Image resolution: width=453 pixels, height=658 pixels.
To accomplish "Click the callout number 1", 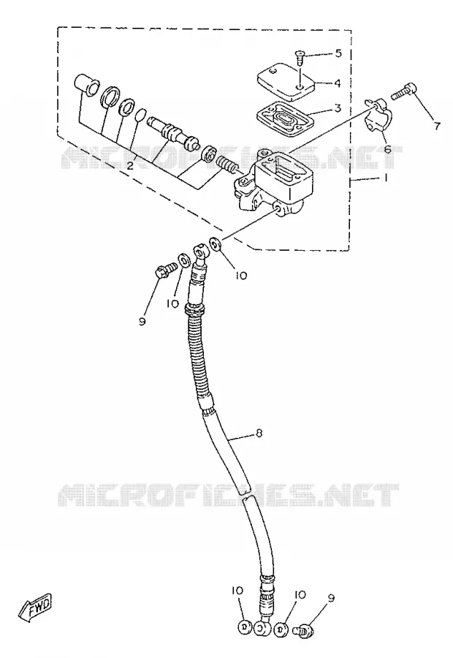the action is [x=385, y=178].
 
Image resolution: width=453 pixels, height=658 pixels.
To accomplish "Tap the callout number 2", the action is [x=131, y=165].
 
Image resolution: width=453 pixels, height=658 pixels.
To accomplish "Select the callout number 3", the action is [x=338, y=109].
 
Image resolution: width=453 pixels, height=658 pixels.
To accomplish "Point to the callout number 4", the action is [x=338, y=83].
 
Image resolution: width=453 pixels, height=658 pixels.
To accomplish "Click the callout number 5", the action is [x=338, y=53].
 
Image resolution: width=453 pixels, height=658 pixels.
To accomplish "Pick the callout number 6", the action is [x=387, y=149].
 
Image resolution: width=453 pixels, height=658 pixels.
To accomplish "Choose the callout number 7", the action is [x=437, y=126].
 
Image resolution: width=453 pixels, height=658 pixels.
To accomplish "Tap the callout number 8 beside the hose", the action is [x=259, y=433].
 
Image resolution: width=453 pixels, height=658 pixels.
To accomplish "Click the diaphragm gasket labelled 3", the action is [x=285, y=116].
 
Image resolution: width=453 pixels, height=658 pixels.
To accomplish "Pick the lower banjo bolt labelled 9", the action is [x=304, y=629].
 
